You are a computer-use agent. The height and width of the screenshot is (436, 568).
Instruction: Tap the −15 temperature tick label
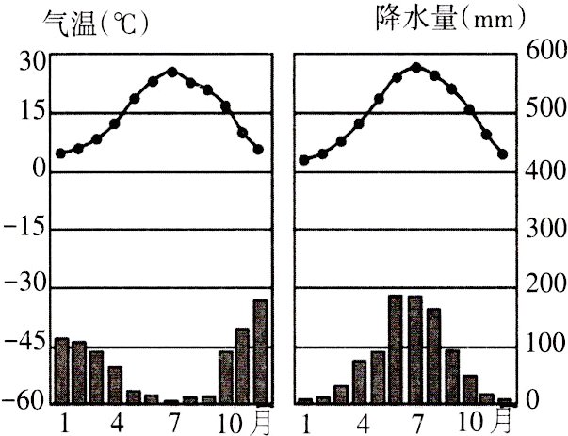coord(25,230)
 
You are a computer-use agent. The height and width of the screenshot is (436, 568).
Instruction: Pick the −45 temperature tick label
coord(25,347)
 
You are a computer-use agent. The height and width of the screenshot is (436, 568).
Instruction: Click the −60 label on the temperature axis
coord(25,402)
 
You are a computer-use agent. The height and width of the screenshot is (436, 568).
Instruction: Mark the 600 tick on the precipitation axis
coord(545,54)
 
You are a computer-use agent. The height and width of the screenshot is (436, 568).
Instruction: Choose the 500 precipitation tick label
coord(545,112)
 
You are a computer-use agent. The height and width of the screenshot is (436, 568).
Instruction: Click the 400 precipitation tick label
coord(545,171)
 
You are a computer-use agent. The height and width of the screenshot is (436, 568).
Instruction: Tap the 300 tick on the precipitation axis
coord(545,230)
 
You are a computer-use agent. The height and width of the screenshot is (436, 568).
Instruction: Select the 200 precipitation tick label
coord(545,288)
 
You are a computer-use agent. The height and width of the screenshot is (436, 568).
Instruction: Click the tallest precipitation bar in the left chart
coord(260,351)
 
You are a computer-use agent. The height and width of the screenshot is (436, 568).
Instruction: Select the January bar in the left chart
coord(62,370)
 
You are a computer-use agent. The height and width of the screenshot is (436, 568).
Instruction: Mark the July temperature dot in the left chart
coord(171,71)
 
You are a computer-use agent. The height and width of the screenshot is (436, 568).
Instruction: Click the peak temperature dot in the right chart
coord(415,67)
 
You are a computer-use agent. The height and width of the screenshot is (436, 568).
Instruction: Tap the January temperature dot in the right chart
coord(304,160)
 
